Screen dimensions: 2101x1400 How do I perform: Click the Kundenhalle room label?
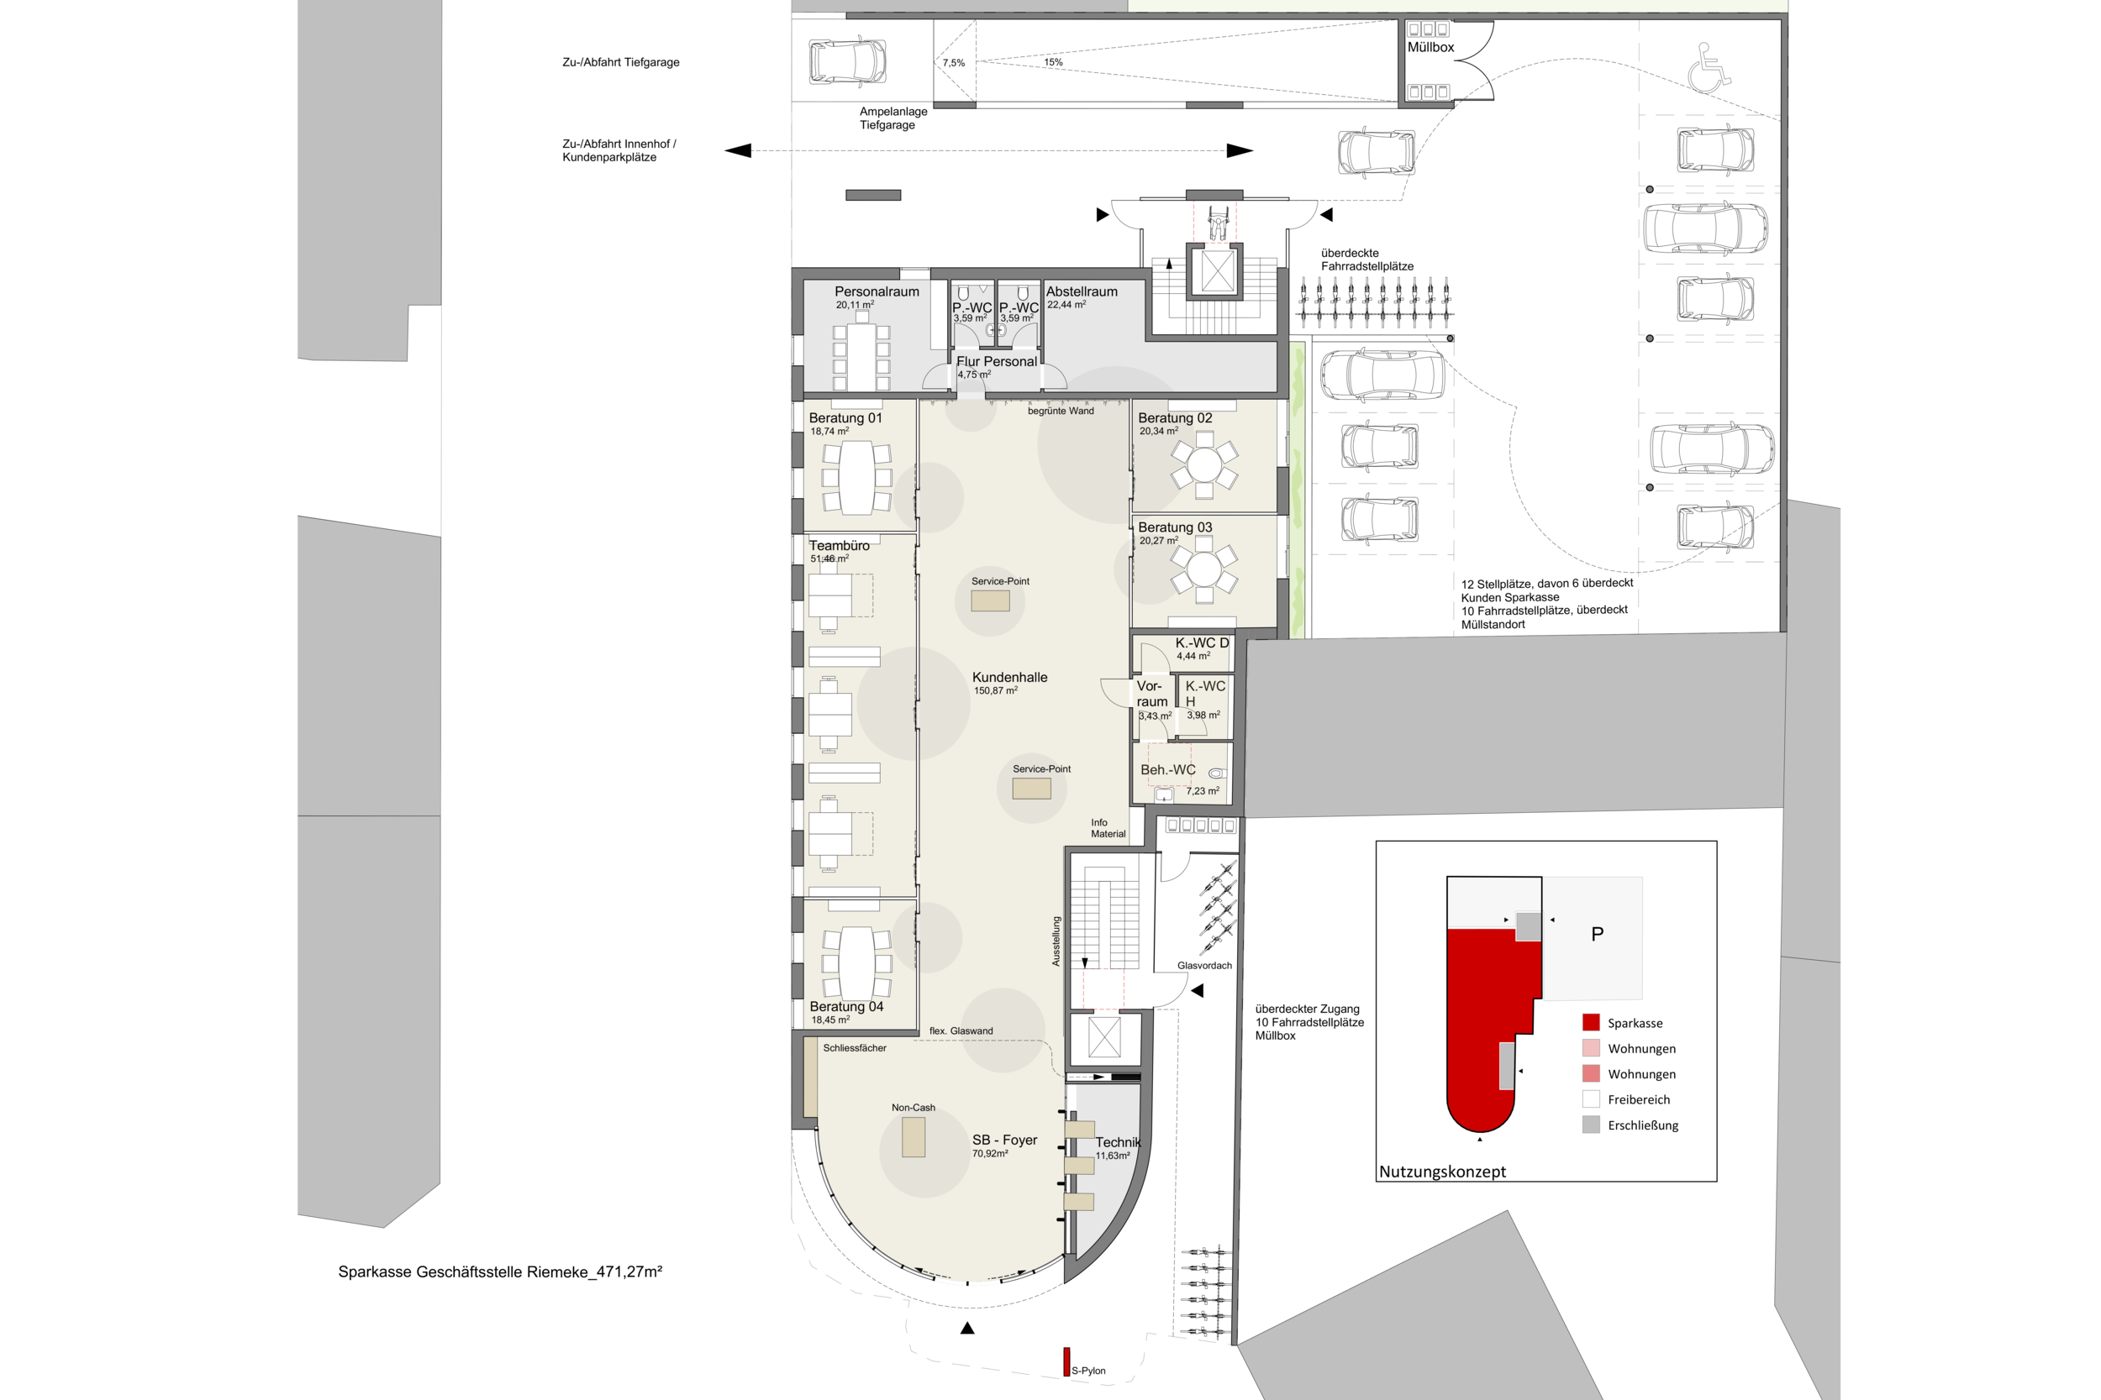(x=1009, y=678)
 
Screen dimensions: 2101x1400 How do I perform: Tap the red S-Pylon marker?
(x=1066, y=1361)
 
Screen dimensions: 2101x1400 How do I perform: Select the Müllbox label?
(x=1430, y=47)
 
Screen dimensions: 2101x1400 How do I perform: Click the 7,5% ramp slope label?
(x=953, y=63)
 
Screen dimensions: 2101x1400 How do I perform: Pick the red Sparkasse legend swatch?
(x=1591, y=1022)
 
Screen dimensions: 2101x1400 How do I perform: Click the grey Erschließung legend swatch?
(x=1591, y=1125)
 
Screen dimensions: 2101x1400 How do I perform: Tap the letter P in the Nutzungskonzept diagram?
(x=1598, y=934)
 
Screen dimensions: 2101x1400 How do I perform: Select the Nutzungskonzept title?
(x=1442, y=1172)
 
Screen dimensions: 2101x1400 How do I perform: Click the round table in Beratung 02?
(x=1203, y=465)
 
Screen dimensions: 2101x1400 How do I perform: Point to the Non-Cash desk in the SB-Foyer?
(x=913, y=1137)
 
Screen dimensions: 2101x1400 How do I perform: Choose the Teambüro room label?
(x=839, y=546)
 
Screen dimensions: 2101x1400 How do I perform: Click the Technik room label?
(x=1119, y=1142)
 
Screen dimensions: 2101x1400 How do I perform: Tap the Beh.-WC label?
(x=1167, y=769)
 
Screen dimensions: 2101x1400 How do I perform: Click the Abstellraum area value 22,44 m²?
(x=1066, y=305)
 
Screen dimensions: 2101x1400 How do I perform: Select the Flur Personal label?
(x=996, y=362)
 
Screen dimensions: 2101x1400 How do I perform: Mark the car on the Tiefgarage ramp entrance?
(x=848, y=60)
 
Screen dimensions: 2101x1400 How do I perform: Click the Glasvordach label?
(x=1204, y=965)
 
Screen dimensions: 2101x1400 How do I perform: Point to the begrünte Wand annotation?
(x=1061, y=411)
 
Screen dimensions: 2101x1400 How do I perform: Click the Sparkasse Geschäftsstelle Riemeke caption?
(x=500, y=1272)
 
